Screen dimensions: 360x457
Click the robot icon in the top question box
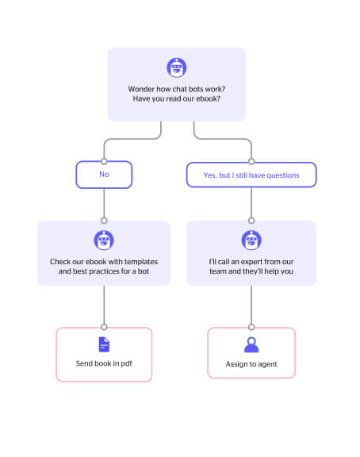[x=177, y=67]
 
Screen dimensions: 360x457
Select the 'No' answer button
[x=104, y=175]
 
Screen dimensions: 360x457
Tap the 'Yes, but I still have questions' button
[x=251, y=175]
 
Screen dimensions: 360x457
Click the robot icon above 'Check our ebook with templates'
[x=104, y=240]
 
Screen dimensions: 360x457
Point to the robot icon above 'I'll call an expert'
[x=251, y=240]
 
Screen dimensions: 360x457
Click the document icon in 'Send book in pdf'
[x=104, y=344]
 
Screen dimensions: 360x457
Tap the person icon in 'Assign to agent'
[x=251, y=345]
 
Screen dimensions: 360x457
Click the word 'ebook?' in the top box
[x=208, y=99]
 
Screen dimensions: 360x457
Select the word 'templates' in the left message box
[x=141, y=262]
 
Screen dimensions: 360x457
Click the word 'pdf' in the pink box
[x=126, y=363]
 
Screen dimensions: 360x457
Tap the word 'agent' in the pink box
[x=267, y=364]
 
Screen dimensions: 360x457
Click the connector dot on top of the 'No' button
[x=104, y=162]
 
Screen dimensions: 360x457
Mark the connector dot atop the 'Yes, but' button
[x=251, y=162]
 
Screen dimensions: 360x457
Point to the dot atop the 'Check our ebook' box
[x=104, y=221]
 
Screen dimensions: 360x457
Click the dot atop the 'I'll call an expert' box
[x=251, y=221]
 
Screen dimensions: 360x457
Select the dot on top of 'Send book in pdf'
[x=104, y=327]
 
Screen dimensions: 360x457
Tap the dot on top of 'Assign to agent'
[x=251, y=327]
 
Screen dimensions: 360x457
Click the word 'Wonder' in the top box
[x=141, y=89]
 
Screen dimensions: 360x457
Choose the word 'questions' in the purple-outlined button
[x=283, y=175]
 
